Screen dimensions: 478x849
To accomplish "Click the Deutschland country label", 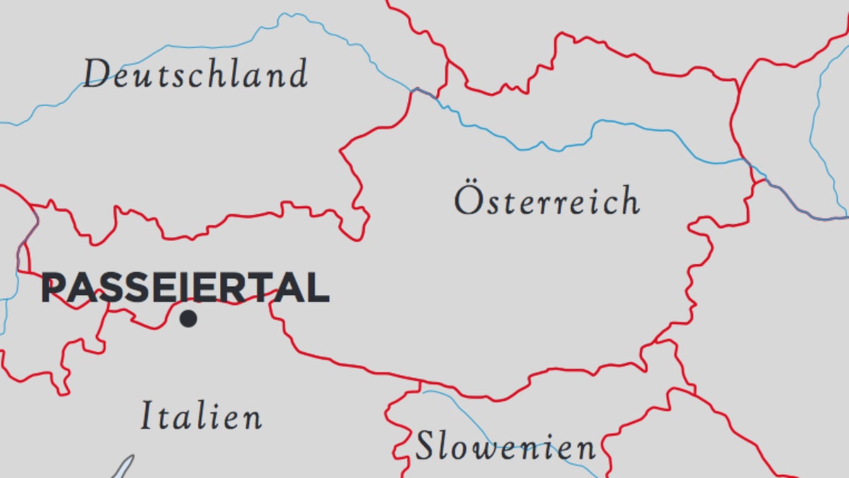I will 195,74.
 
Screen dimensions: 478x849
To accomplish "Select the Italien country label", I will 201,415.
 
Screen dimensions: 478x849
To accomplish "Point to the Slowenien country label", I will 505,447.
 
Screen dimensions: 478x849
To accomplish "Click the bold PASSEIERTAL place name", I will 185,288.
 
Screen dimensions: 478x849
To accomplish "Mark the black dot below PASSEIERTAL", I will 188,319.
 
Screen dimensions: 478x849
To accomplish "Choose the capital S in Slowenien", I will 425,447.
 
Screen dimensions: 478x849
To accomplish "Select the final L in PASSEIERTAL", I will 319,288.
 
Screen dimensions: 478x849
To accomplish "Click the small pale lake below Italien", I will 122,468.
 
